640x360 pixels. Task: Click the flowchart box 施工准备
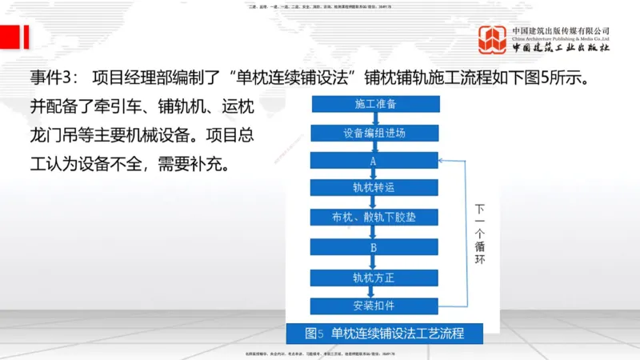pyautogui.click(x=374, y=104)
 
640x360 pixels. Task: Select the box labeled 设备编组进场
pyautogui.click(x=374, y=132)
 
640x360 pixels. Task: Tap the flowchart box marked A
pyautogui.click(x=374, y=160)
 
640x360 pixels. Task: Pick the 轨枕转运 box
pyautogui.click(x=374, y=188)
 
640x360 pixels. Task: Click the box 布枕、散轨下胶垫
pyautogui.click(x=374, y=217)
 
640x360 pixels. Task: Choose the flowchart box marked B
pyautogui.click(x=374, y=247)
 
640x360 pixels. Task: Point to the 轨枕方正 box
pyautogui.click(x=374, y=277)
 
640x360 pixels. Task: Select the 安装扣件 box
pyautogui.click(x=374, y=306)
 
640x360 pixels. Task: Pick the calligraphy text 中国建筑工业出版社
pyautogui.click(x=562, y=47)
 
